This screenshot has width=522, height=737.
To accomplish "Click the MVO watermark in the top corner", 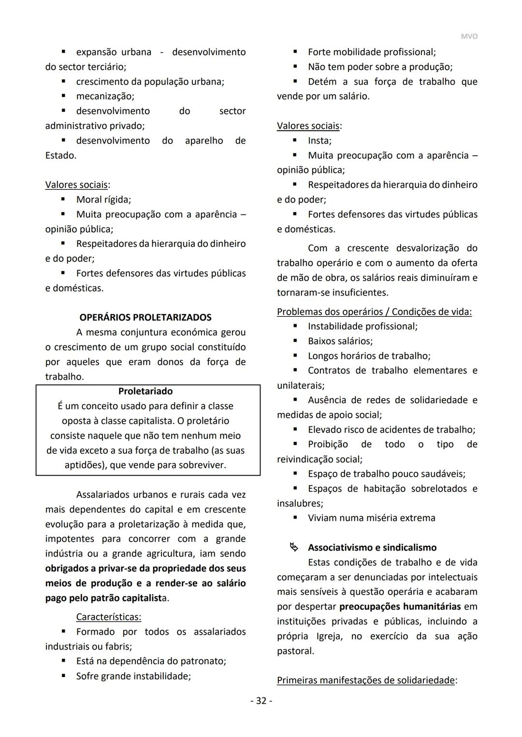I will tap(468, 37).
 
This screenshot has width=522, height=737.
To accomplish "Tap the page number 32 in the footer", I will tap(261, 701).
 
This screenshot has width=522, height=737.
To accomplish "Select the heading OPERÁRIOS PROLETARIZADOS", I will tap(145, 318).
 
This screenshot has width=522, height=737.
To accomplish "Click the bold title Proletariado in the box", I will tap(145, 391).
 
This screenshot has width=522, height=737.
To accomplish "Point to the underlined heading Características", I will tap(108, 617).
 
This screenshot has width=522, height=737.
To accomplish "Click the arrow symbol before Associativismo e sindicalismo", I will tap(294, 548).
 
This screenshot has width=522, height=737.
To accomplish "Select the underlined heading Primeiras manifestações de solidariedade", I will tap(366, 680).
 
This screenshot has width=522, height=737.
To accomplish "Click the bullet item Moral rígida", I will tap(103, 200).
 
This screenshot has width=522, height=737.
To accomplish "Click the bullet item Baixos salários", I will tap(340, 341).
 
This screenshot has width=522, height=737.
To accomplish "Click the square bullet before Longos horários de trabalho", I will tap(295, 356).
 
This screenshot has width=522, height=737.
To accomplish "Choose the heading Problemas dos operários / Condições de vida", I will tap(374, 312).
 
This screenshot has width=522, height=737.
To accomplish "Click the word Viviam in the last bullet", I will tap(322, 518).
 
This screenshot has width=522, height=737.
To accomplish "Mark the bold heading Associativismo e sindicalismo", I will tap(372, 548).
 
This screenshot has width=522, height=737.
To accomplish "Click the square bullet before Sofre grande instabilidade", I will tap(63, 676).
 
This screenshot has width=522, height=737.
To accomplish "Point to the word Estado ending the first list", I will tap(60, 156).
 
